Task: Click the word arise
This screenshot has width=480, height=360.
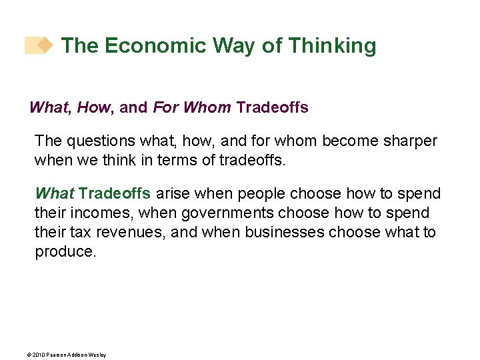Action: [173, 194]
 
